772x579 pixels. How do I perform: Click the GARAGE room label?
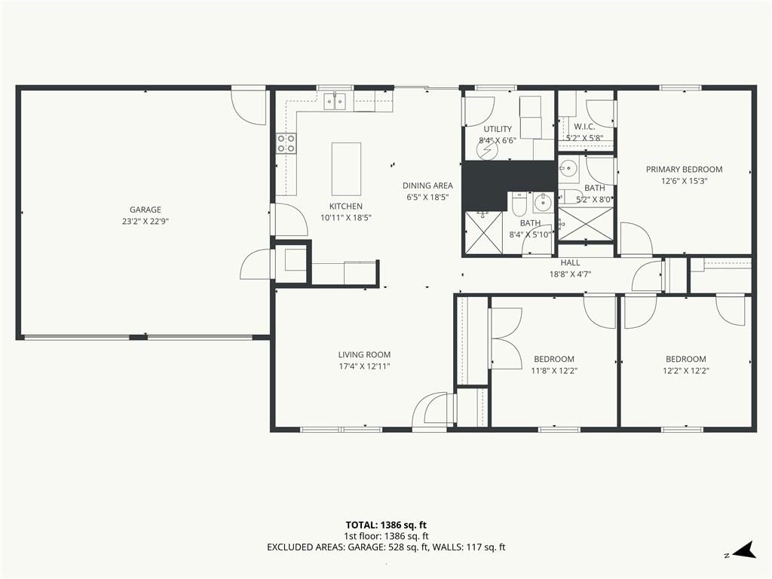[146, 210]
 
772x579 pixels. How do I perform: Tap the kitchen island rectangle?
[346, 169]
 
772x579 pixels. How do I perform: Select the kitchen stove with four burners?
[286, 142]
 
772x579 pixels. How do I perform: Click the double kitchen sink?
[335, 102]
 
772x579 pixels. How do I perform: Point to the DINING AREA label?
[427, 185]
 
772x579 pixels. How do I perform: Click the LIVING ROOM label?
[364, 354]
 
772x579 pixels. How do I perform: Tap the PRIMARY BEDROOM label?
[684, 170]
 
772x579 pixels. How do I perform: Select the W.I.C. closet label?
[584, 127]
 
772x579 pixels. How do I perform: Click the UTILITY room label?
[498, 129]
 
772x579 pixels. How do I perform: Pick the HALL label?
[570, 263]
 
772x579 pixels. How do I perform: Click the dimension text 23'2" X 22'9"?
[146, 222]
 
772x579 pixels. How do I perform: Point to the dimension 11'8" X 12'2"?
[554, 371]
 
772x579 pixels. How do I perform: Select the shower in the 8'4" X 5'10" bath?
[484, 233]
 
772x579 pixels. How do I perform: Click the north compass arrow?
[743, 550]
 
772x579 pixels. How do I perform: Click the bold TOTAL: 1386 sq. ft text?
[382, 525]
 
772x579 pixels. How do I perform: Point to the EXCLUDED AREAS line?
[386, 547]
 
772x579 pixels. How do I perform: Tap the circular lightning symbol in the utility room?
[489, 150]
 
